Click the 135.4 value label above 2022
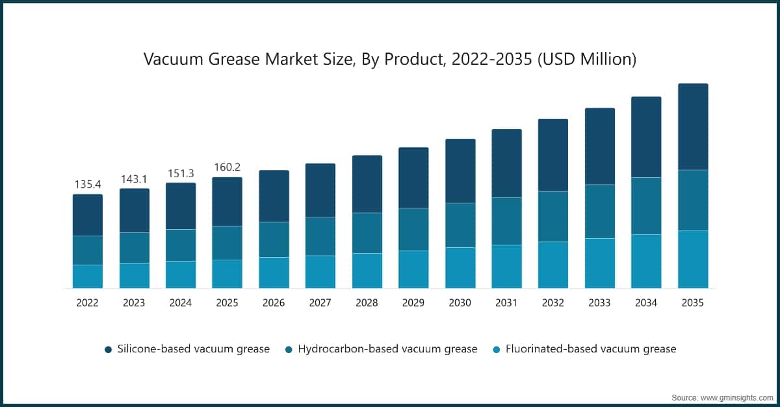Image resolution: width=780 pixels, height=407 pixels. pos(87,184)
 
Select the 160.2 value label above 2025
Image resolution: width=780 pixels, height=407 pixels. pos(227,167)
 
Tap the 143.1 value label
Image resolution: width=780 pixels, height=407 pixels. pos(134,179)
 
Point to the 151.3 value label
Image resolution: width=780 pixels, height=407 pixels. pos(181,173)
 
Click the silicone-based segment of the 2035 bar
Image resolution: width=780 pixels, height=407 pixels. pos(693,127)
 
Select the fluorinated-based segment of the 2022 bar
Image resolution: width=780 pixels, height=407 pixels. pos(87,277)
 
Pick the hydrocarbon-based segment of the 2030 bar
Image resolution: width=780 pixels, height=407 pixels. pos(460,225)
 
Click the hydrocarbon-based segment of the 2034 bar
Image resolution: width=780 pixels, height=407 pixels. pos(646,206)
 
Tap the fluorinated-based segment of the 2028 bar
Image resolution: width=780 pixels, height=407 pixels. pos(367,271)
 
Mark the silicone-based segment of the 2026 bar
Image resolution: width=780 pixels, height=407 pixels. pos(274,196)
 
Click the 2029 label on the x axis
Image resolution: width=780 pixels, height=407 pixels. pos(413,302)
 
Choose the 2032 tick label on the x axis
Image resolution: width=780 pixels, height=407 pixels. pos(553,302)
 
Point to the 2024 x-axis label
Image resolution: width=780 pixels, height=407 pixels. pos(181,302)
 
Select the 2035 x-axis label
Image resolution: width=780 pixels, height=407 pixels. pos(693,302)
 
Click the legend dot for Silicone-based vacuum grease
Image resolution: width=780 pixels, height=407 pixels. pos(108,349)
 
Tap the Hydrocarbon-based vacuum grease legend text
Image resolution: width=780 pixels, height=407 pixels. pos(387,349)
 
